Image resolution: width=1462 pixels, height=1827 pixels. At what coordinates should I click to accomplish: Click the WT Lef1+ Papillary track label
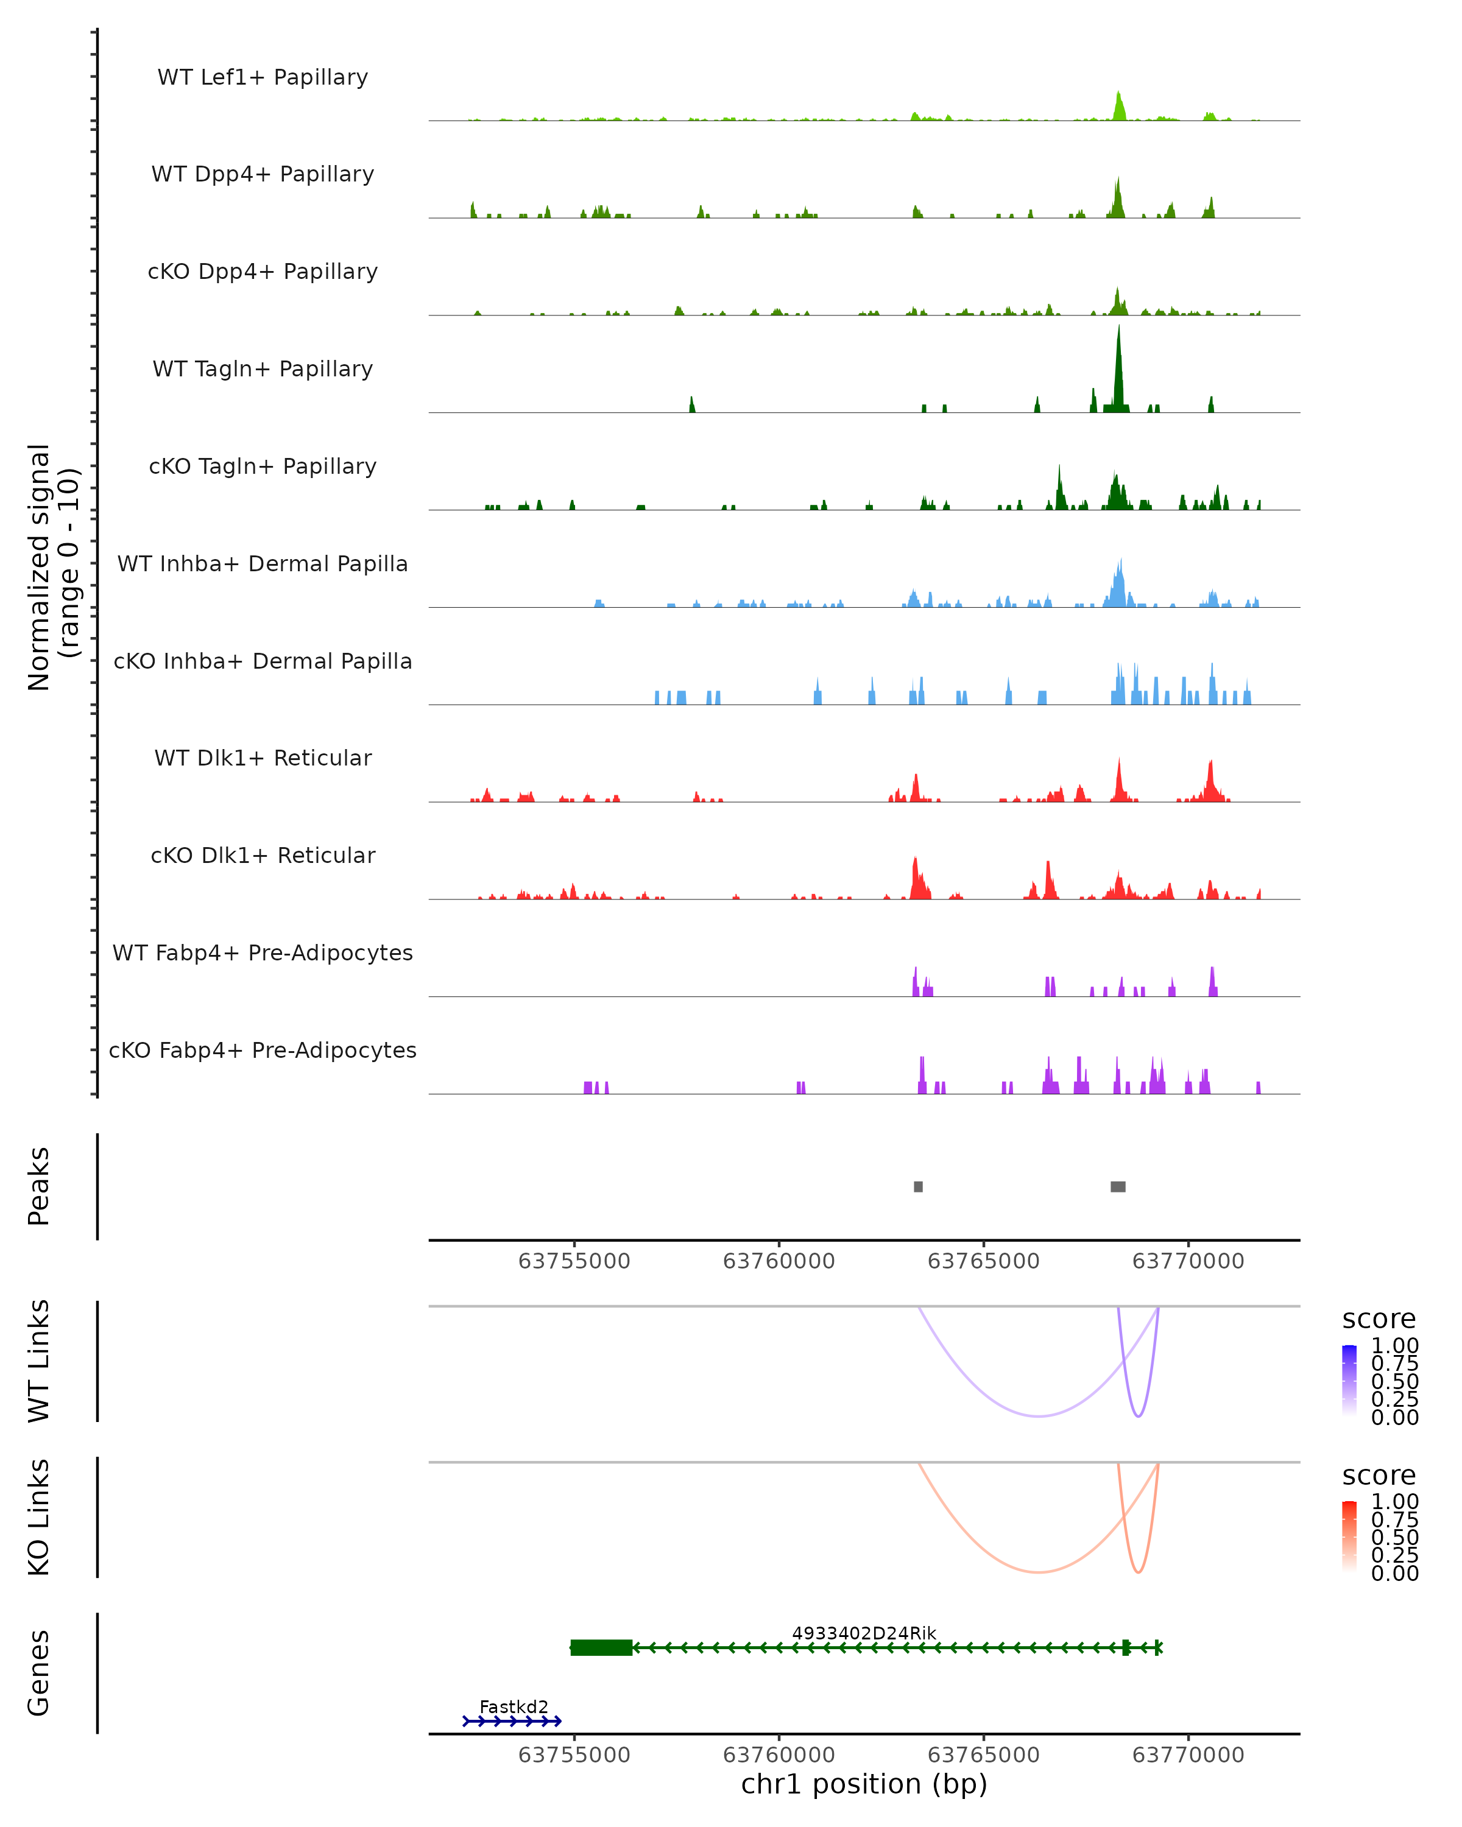click(263, 77)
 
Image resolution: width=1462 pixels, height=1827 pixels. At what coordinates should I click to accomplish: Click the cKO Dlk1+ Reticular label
click(263, 855)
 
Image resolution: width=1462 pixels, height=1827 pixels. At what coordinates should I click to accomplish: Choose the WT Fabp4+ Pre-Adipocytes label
click(263, 952)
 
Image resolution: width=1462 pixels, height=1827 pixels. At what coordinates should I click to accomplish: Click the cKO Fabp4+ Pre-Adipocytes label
click(263, 1050)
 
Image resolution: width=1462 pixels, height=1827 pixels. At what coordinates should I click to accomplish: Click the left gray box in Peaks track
click(918, 1186)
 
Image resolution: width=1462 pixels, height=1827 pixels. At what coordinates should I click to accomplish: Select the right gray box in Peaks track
click(1118, 1186)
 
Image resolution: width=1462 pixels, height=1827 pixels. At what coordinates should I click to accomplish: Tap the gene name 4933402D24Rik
click(864, 1633)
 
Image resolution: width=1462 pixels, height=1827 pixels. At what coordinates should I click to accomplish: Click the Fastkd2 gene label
click(514, 1706)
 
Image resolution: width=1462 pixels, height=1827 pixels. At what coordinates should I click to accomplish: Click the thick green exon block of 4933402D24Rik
click(601, 1647)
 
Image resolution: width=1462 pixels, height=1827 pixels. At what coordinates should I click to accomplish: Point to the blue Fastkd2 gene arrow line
click(512, 1721)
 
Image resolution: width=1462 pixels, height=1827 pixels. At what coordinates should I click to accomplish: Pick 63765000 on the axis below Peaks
click(983, 1261)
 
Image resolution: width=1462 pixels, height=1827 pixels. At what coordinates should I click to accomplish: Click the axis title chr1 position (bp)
click(864, 1784)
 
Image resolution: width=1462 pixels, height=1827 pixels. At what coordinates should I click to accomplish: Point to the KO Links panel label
click(39, 1517)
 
